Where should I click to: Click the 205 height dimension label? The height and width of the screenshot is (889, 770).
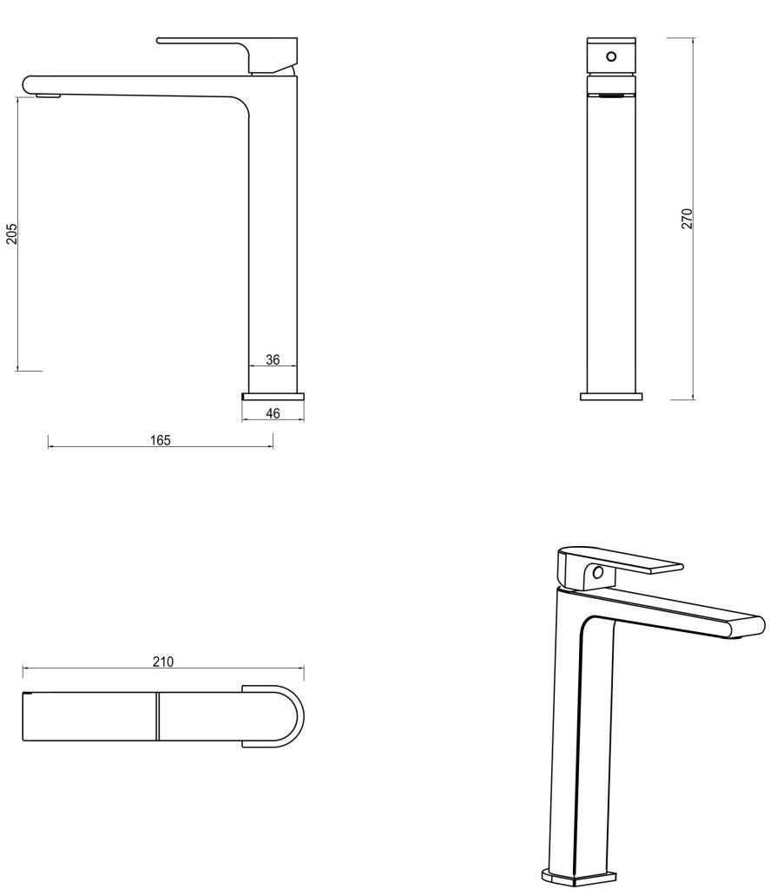point(12,234)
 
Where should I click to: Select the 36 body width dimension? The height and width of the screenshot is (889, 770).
point(273,359)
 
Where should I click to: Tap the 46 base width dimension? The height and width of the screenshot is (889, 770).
point(273,413)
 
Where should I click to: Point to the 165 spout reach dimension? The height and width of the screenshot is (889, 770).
point(160,440)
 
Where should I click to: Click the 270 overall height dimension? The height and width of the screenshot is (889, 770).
point(686,219)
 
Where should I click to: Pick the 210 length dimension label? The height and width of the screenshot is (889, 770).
point(163,662)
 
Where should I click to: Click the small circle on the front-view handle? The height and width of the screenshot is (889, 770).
point(611,56)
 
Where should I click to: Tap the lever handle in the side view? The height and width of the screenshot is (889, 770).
point(226,43)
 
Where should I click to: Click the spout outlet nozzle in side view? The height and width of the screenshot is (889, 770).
point(48,95)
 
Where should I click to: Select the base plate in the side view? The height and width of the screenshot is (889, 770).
point(273,396)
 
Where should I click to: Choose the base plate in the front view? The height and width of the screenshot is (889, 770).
point(611,396)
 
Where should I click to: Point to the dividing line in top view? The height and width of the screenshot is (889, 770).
point(159,717)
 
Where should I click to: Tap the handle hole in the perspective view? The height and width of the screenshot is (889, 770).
point(597,573)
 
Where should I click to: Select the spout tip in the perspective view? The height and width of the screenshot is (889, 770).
point(751,627)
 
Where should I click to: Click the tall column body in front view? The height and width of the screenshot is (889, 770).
point(611,243)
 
